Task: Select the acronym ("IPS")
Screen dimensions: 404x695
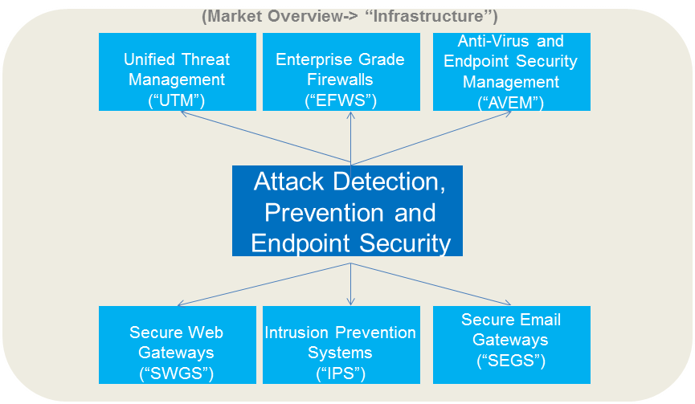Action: pos(340,373)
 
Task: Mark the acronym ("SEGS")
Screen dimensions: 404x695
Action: pos(510,361)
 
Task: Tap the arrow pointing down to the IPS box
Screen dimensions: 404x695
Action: pos(351,285)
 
